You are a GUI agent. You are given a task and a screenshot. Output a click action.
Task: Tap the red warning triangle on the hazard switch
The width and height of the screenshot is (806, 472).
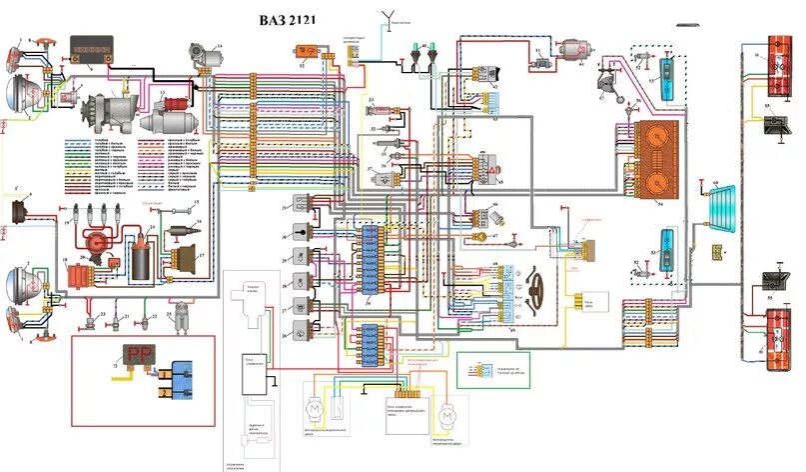point(492,171)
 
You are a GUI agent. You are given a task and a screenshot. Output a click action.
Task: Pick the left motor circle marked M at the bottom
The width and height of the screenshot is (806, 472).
point(314,410)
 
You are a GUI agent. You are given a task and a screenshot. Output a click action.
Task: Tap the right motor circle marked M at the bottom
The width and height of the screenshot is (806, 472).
point(448,411)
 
